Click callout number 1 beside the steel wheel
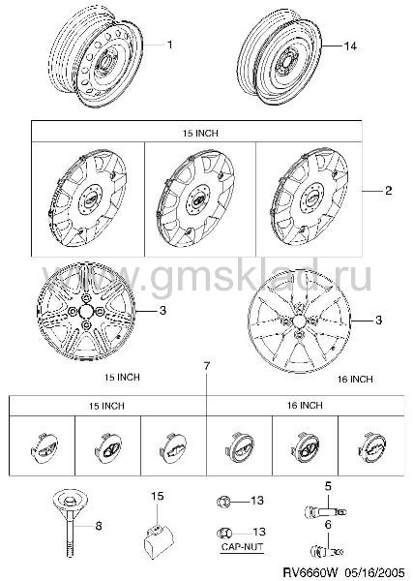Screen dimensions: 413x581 pos(170,45)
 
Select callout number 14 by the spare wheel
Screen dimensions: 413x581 pos(350,46)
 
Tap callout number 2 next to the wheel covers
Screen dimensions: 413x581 pos(388,191)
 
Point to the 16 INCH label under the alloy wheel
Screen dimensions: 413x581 pos(355,379)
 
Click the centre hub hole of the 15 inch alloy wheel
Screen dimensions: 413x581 pos(86,311)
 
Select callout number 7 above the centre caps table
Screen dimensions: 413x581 pos(207,366)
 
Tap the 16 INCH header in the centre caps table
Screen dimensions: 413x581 pos(305,406)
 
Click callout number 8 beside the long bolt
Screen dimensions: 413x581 pos(99,526)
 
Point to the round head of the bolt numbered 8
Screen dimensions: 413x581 pos(70,501)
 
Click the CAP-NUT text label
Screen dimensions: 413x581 pos(242,547)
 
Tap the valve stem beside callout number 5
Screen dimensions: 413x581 pos(325,511)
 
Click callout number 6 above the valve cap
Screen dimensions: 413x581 pos(328,525)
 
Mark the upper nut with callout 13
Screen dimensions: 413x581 pos(223,502)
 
